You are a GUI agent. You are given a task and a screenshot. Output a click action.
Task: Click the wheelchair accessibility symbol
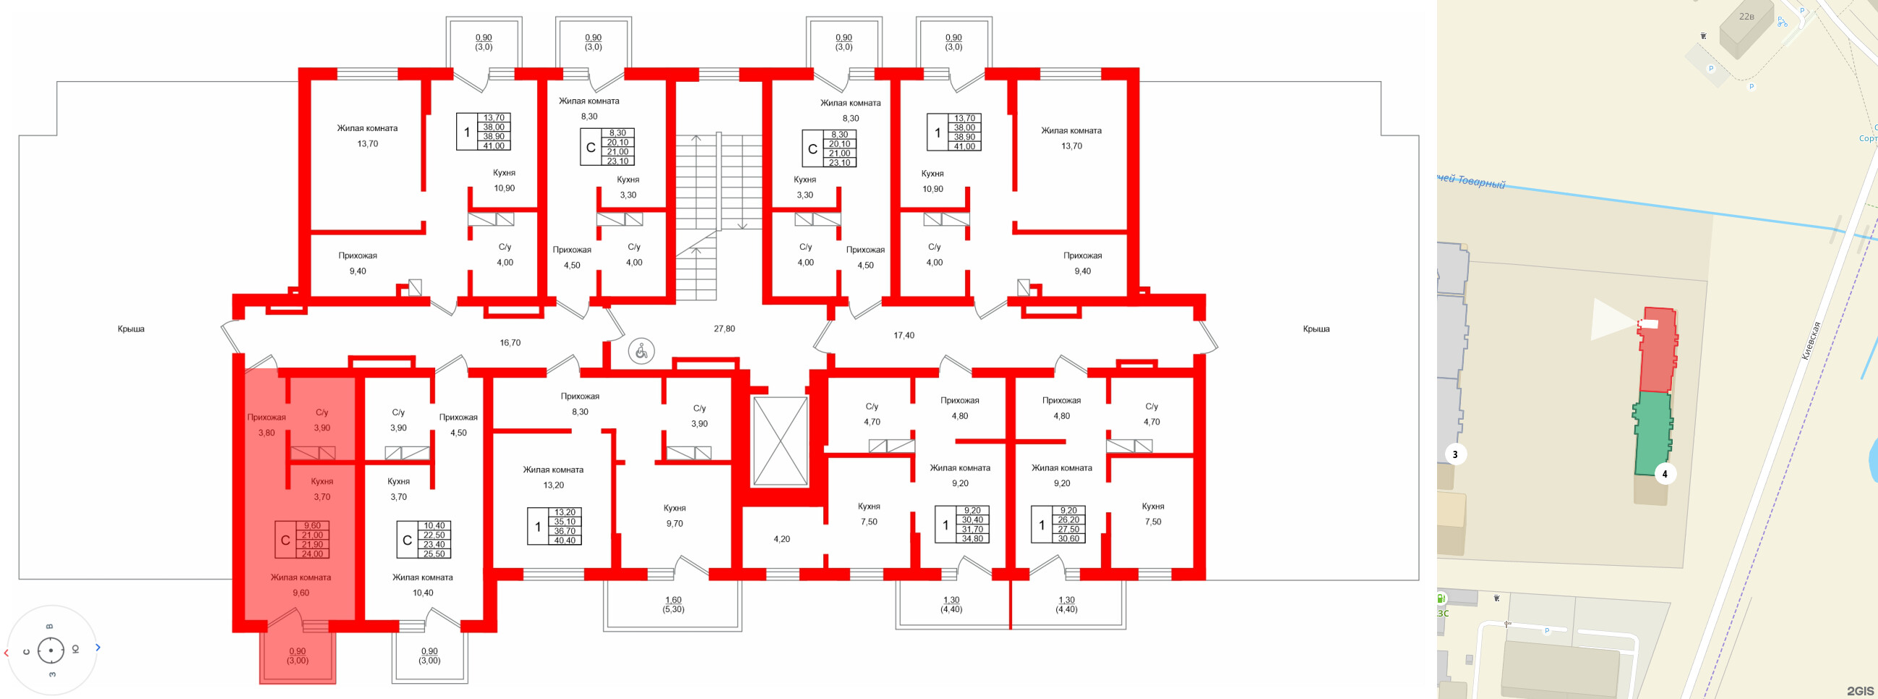(x=641, y=352)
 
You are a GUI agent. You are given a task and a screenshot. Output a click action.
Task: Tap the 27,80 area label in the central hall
(x=724, y=329)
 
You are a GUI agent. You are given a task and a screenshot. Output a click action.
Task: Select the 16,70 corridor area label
(x=510, y=343)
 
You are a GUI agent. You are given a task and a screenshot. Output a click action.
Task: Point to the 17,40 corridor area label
(x=904, y=336)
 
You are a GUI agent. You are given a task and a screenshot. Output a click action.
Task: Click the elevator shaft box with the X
(x=779, y=441)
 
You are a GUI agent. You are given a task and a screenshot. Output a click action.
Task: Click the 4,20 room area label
(x=781, y=539)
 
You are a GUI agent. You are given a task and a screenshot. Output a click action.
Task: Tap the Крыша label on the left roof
(x=132, y=329)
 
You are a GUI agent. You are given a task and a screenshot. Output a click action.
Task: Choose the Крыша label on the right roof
(x=1316, y=329)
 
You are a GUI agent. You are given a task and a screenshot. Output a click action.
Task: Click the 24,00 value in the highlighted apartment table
(x=312, y=554)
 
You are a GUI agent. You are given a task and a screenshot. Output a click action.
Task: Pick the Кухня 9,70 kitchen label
(x=674, y=516)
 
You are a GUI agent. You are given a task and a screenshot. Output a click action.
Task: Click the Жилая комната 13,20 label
(x=552, y=477)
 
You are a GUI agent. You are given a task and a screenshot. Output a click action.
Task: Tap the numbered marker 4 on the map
(x=1663, y=474)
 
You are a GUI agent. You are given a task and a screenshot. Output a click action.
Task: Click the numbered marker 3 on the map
(x=1455, y=454)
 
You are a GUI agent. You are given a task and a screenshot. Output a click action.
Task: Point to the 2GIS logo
(x=1860, y=690)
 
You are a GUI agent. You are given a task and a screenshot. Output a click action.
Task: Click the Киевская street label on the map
(x=1810, y=341)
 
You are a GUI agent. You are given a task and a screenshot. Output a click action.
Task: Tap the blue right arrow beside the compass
(x=98, y=647)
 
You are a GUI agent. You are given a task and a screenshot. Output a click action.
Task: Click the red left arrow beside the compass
(x=7, y=652)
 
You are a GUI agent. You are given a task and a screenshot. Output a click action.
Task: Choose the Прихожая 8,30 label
(x=580, y=404)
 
